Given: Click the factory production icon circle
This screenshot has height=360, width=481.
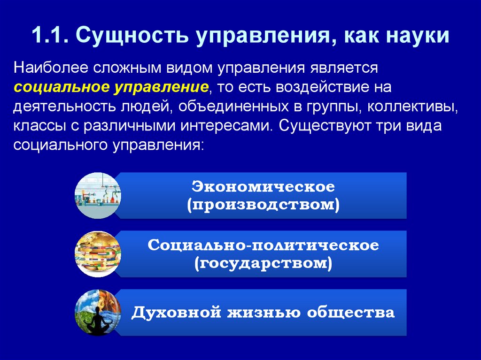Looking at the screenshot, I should (x=98, y=195).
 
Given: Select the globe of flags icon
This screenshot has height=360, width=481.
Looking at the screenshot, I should (x=98, y=254).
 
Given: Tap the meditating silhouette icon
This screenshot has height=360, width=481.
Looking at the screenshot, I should (x=98, y=313).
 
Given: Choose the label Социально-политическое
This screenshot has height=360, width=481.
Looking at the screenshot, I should (x=263, y=245).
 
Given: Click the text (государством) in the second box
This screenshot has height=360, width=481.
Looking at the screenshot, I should (x=263, y=264).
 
